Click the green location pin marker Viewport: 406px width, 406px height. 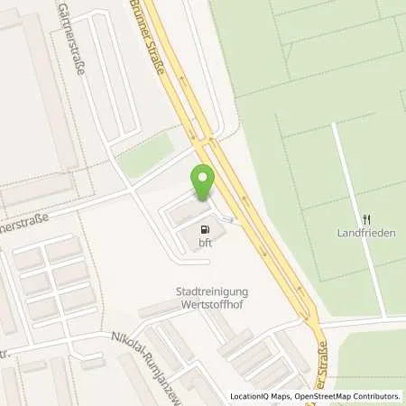(203, 183)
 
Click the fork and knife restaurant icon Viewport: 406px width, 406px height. (366, 219)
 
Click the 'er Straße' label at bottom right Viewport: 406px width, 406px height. (328, 370)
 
